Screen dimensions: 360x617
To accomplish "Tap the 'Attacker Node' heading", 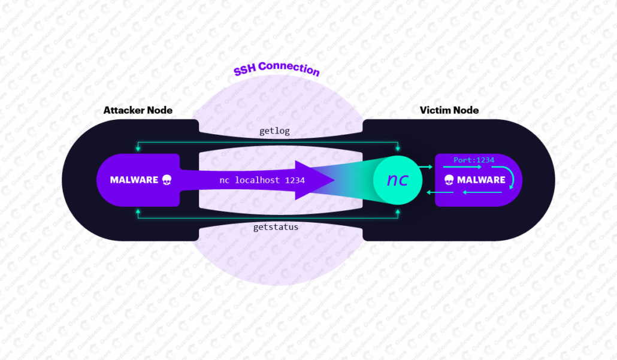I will tap(138, 110).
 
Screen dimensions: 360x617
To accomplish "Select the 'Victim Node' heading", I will tap(449, 110).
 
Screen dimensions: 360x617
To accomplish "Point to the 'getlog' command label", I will tap(275, 131).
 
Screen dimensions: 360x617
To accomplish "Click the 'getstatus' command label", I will tap(275, 228).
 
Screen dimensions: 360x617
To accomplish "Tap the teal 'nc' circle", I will tap(397, 180).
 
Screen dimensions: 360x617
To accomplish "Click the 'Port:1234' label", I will tap(474, 160).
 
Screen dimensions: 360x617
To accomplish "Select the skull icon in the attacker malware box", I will tap(167, 180).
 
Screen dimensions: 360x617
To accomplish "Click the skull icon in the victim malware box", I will tap(449, 180).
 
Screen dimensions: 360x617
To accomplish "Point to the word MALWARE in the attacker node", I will tap(134, 180).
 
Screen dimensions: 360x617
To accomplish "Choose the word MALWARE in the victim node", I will tap(481, 180).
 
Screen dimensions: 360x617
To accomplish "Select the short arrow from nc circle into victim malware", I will tap(427, 167).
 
